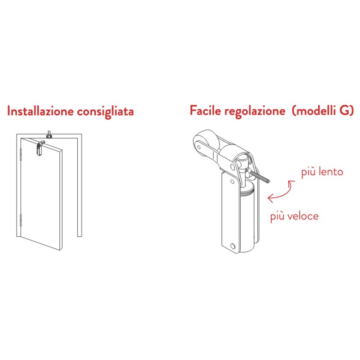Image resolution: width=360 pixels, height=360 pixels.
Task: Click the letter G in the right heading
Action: pyautogui.click(x=345, y=111)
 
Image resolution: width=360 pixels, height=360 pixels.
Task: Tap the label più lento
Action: pyautogui.click(x=322, y=172)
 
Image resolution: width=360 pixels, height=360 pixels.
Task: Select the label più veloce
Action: pyautogui.click(x=294, y=216)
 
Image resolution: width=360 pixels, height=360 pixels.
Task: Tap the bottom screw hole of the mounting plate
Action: pyautogui.click(x=232, y=246)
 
